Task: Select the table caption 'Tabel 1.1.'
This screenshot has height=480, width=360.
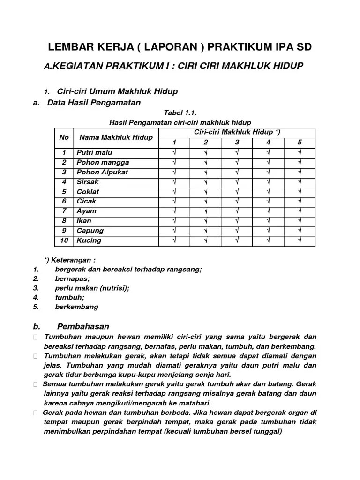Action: click(x=180, y=113)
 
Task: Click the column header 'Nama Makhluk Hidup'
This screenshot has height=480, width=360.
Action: click(x=116, y=137)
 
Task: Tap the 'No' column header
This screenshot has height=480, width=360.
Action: click(x=64, y=137)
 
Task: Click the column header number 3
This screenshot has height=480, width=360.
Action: click(x=237, y=142)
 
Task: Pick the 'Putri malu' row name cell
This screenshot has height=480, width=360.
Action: click(x=94, y=152)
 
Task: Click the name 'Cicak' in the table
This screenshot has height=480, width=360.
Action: click(x=86, y=201)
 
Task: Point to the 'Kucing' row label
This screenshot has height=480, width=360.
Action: click(x=89, y=240)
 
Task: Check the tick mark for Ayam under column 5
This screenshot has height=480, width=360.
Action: click(x=300, y=211)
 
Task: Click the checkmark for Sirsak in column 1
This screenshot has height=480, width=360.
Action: click(x=174, y=182)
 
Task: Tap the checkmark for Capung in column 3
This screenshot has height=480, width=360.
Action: click(x=237, y=231)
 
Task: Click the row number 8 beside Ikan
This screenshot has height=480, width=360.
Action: click(x=64, y=221)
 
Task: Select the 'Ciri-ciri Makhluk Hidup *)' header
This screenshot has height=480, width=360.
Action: click(x=237, y=132)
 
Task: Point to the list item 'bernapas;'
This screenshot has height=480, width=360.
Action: click(x=72, y=278)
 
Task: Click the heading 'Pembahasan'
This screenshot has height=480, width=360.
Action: click(x=83, y=326)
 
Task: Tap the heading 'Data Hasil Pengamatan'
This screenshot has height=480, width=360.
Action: click(x=94, y=102)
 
